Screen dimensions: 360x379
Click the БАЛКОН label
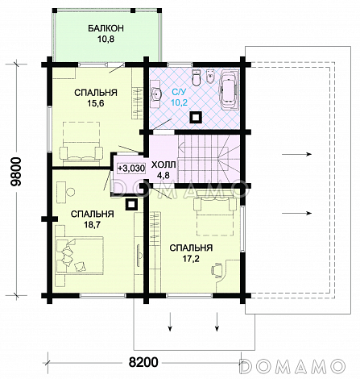tap(106, 28)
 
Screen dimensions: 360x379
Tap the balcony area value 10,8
tap(106, 40)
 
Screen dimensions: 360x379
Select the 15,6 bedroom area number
tap(96, 103)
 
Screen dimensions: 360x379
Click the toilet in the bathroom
tap(197, 77)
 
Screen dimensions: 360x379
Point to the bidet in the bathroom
tap(211, 77)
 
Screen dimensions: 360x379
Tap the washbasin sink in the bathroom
tap(156, 94)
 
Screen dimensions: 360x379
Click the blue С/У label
tap(179, 93)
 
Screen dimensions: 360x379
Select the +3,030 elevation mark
tap(131, 169)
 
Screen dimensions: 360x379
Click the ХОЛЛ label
tap(163, 165)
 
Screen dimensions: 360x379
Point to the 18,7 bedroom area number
tap(92, 225)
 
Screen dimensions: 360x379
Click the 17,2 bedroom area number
tap(191, 259)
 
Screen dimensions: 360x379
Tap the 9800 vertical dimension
tap(16, 172)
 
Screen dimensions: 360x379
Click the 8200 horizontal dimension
tap(143, 362)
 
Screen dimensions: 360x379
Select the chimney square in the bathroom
tap(197, 117)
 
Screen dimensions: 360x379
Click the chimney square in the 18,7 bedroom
tap(131, 205)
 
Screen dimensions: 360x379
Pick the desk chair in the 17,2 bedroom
tap(217, 269)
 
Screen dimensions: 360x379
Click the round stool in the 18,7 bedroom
tap(70, 192)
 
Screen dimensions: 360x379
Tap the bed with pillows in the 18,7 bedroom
tap(80, 256)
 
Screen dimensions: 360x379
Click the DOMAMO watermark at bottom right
tap(293, 366)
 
